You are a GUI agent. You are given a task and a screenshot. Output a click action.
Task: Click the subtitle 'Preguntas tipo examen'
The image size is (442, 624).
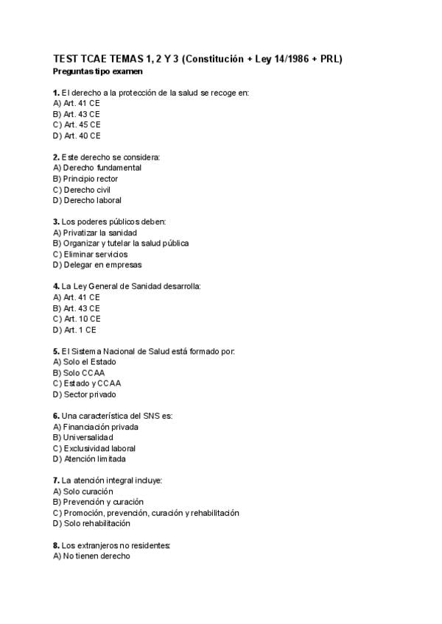coord(98,72)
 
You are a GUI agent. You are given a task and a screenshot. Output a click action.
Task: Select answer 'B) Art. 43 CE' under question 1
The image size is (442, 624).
coord(77,114)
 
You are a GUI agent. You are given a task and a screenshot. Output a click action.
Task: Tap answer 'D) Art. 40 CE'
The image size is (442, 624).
coord(77,135)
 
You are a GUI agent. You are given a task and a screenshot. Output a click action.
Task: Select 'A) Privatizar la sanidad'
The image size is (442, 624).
coord(95,233)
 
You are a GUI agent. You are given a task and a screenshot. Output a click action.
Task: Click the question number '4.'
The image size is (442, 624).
coord(57,286)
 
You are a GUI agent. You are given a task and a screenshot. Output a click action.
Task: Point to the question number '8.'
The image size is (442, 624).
coord(57,545)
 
